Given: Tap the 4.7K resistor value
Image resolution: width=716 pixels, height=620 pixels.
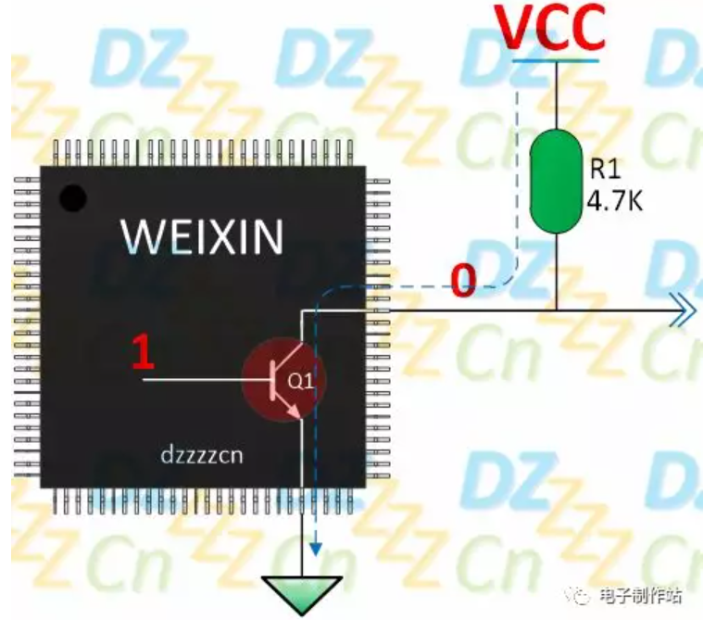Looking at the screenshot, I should (x=614, y=198).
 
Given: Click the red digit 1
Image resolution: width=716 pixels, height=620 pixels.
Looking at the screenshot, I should (x=142, y=353).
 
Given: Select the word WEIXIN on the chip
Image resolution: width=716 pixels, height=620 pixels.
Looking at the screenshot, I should (x=203, y=237).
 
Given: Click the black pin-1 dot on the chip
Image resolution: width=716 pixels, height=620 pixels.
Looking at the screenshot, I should (x=72, y=198).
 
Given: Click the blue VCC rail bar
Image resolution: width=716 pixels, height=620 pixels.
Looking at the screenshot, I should (x=555, y=60).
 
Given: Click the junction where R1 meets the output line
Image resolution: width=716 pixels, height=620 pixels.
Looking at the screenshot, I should (x=555, y=310).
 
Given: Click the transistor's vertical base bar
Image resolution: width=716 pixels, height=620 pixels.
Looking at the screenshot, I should (x=272, y=379).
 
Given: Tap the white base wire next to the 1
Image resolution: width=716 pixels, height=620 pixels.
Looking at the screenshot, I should (x=199, y=379).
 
